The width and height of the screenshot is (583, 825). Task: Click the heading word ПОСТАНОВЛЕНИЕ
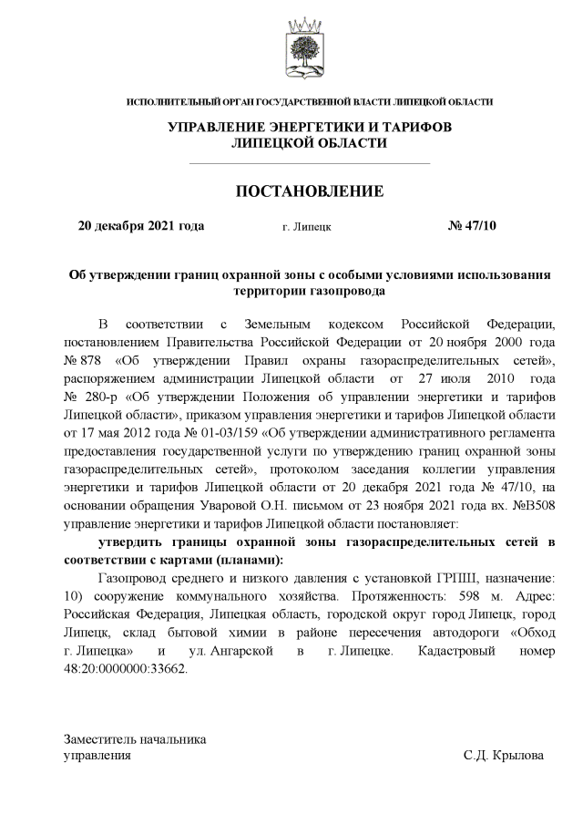[310, 191]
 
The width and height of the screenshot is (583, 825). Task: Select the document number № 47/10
[473, 226]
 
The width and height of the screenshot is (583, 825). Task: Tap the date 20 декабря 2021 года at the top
[141, 226]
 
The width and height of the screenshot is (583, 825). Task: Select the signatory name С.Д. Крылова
[503, 756]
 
